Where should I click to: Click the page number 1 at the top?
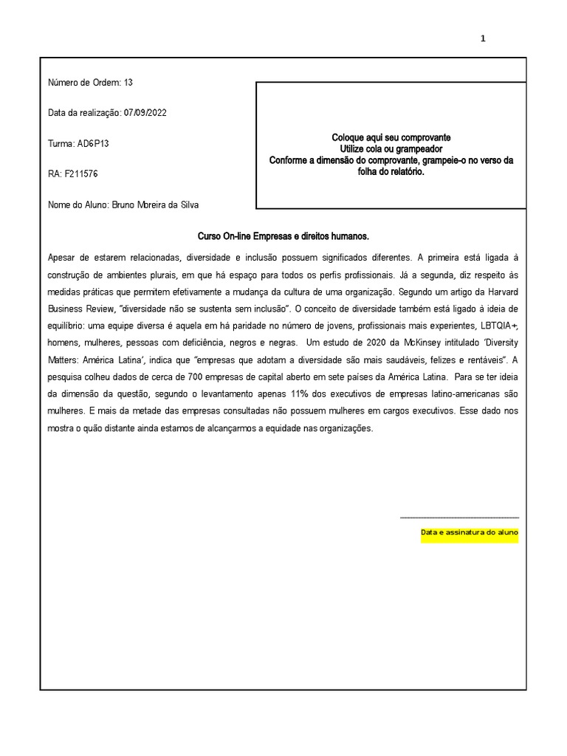tap(484, 39)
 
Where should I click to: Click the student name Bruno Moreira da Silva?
tap(154, 205)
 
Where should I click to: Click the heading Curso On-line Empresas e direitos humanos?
tap(283, 236)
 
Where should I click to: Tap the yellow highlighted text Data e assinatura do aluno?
tap(470, 532)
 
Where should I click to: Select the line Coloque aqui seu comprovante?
tap(391, 138)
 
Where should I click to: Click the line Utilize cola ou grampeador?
tap(391, 149)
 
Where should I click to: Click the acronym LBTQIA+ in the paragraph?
tap(500, 326)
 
